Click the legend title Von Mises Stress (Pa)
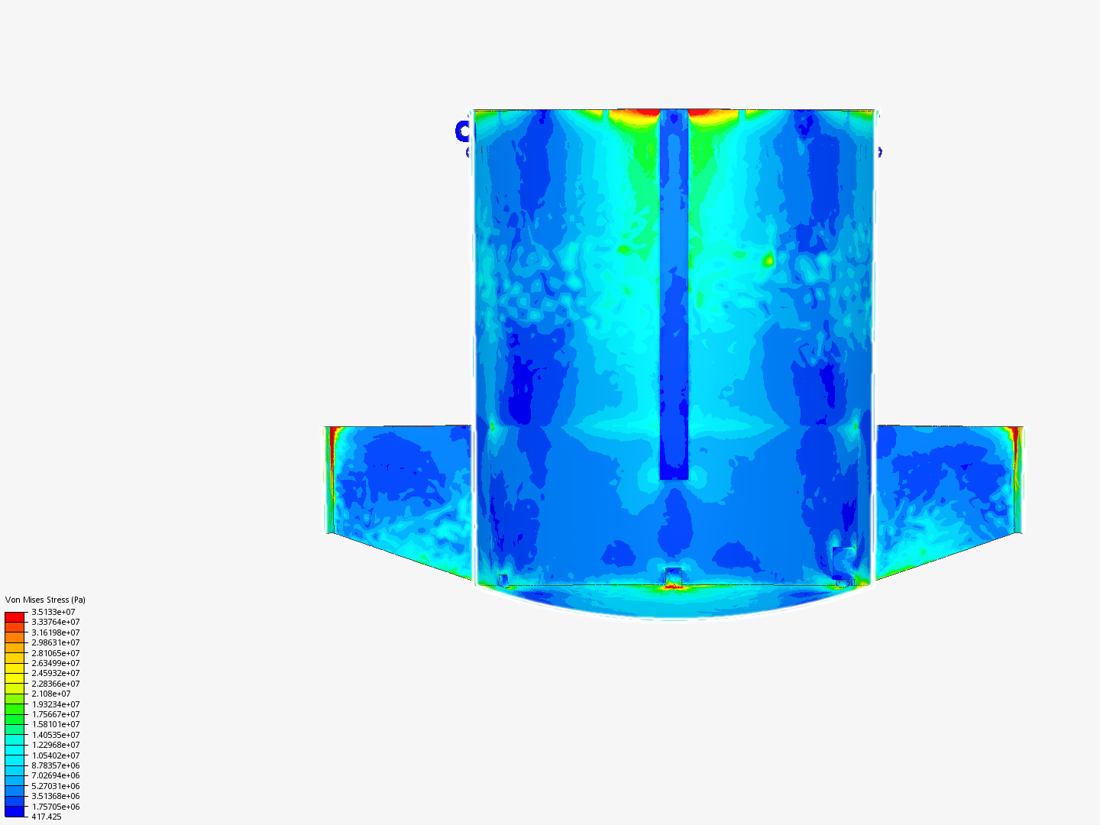tap(45, 600)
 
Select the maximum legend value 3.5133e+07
tap(53, 612)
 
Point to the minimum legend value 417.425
tap(46, 817)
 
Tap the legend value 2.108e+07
tap(50, 694)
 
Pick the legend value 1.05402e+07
tap(56, 755)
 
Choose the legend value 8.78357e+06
tap(56, 765)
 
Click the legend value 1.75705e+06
tap(56, 807)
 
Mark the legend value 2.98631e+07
tap(56, 642)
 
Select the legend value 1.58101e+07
tap(56, 724)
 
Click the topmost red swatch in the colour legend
tap(15, 617)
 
